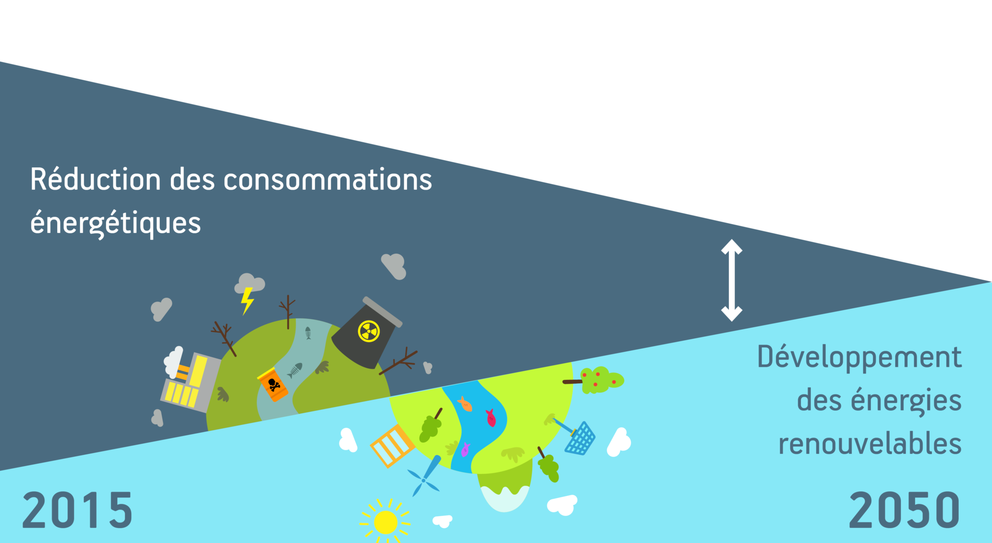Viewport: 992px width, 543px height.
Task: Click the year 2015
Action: coord(77,510)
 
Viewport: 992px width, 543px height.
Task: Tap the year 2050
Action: coord(904,510)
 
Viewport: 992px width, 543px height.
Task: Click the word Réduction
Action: coord(95,180)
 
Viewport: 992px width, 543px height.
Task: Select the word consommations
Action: coord(327,180)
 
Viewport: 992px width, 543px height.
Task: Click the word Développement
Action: coord(859,357)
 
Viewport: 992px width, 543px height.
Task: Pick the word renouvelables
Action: coord(870,444)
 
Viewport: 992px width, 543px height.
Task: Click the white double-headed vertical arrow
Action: coord(731,280)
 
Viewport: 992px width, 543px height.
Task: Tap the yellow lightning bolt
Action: coord(247,301)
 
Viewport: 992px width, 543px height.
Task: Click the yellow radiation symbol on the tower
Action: coord(369,331)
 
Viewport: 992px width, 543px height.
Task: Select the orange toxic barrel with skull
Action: coord(273,384)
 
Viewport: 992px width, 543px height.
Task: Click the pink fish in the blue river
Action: coord(491,418)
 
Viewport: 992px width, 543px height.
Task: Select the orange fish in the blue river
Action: coord(465,404)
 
